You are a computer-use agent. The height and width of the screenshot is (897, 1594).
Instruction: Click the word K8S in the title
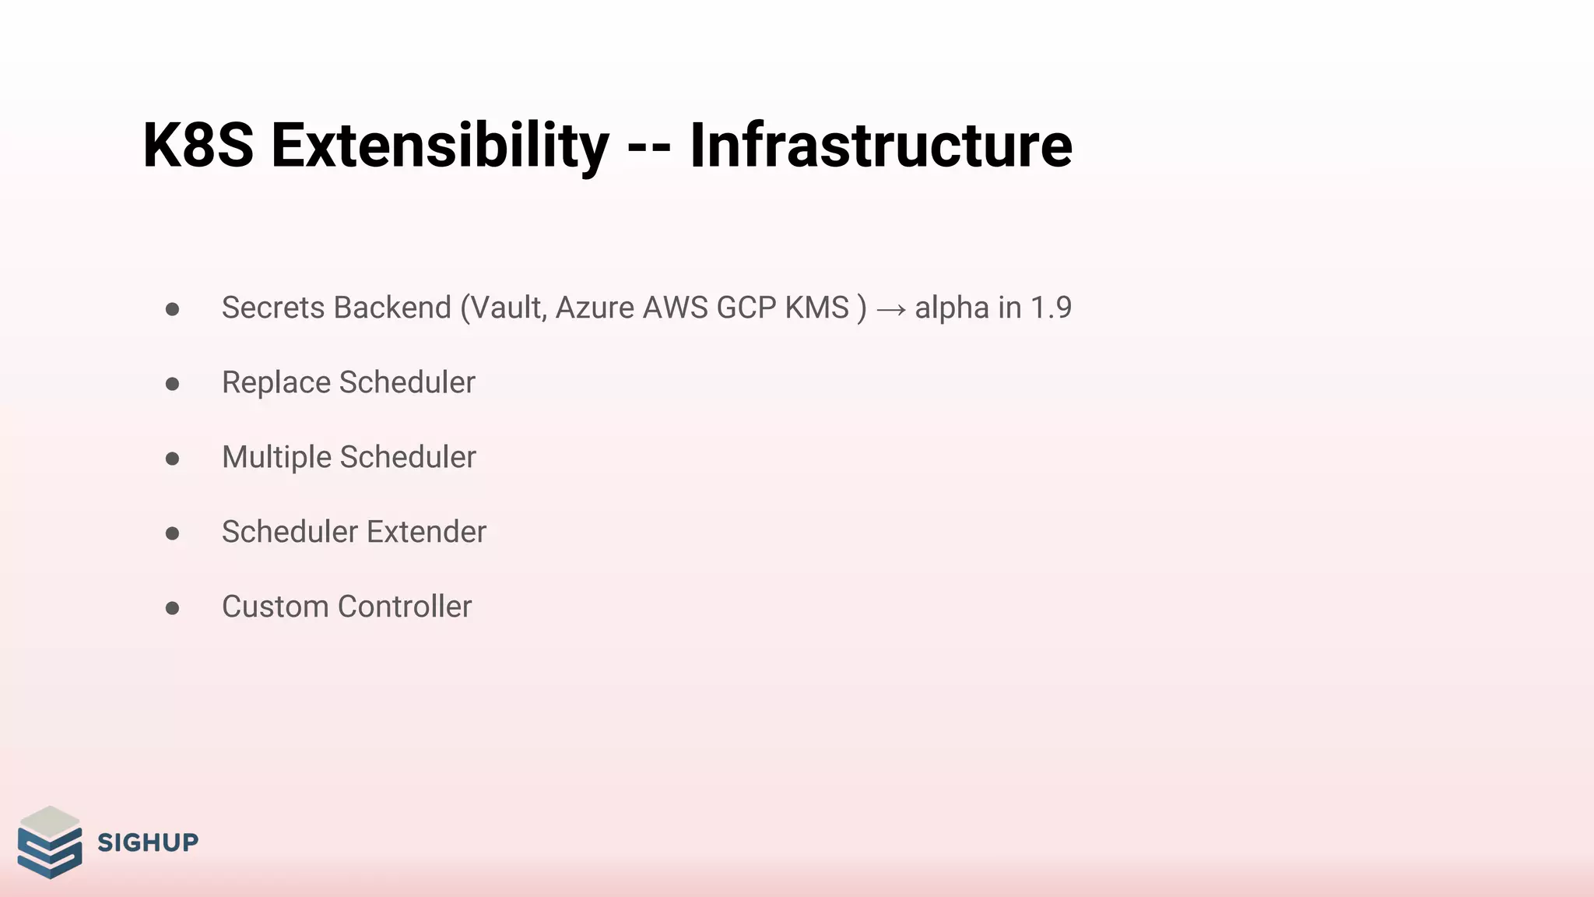pyautogui.click(x=198, y=146)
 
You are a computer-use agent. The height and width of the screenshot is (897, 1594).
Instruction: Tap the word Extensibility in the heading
pyautogui.click(x=440, y=146)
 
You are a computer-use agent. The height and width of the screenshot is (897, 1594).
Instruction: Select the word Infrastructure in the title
pyautogui.click(x=880, y=146)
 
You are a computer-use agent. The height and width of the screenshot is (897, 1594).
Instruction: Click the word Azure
pyautogui.click(x=595, y=308)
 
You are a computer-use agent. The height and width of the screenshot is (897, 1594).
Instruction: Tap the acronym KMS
pyautogui.click(x=816, y=308)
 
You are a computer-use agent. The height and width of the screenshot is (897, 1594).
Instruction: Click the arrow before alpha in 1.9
pyautogui.click(x=890, y=310)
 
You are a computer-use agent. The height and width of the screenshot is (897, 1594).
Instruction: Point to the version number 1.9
pyautogui.click(x=1051, y=308)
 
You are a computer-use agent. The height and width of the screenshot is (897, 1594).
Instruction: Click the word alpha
pyautogui.click(x=952, y=308)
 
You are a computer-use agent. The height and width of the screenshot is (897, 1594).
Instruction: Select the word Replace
pyautogui.click(x=276, y=382)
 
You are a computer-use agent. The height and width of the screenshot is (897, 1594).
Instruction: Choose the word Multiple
pyautogui.click(x=276, y=457)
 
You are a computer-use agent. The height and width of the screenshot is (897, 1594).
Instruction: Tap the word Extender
pyautogui.click(x=427, y=532)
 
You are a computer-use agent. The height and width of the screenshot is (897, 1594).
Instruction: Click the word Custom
pyautogui.click(x=276, y=607)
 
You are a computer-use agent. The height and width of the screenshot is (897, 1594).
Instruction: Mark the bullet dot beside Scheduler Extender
pyautogui.click(x=173, y=533)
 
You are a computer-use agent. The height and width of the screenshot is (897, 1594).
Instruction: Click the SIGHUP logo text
pyautogui.click(x=148, y=842)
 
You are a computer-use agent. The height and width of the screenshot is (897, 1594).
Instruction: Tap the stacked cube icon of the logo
pyautogui.click(x=50, y=842)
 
